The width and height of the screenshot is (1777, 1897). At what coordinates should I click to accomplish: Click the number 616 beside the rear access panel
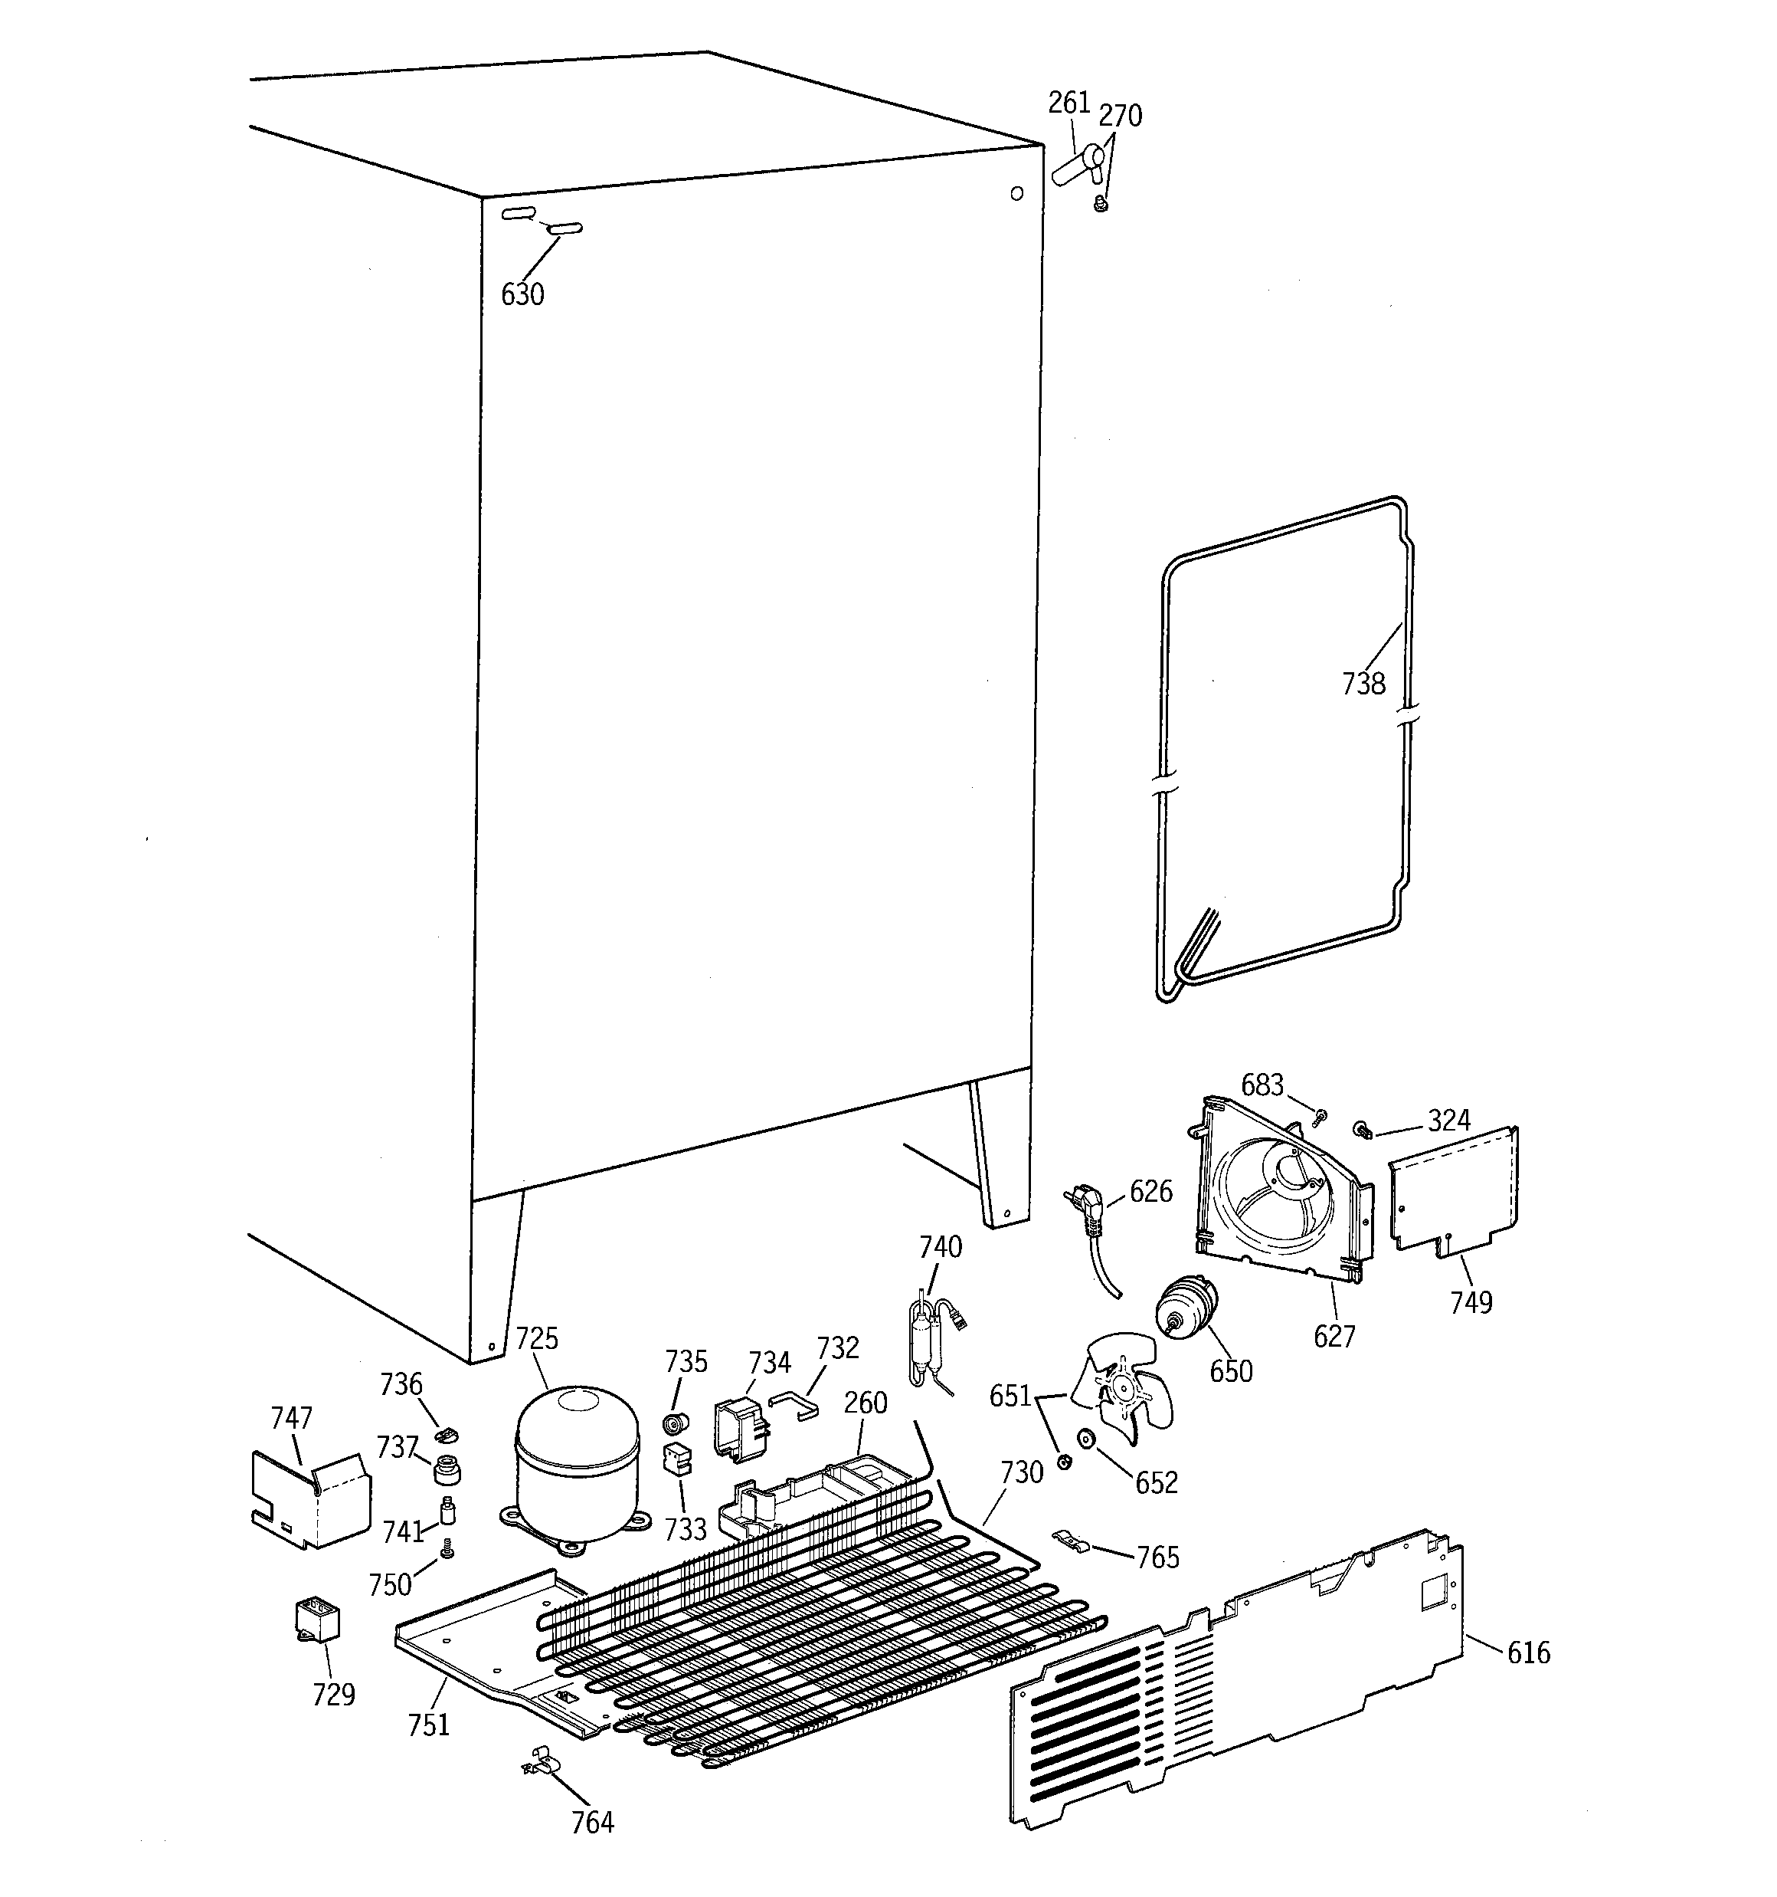coord(1528,1652)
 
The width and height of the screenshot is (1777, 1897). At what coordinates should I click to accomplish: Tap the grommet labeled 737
coord(447,1470)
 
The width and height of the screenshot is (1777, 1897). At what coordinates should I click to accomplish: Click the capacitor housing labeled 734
coord(740,1426)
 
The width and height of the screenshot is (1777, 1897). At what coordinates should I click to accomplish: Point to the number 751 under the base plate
coord(428,1725)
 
